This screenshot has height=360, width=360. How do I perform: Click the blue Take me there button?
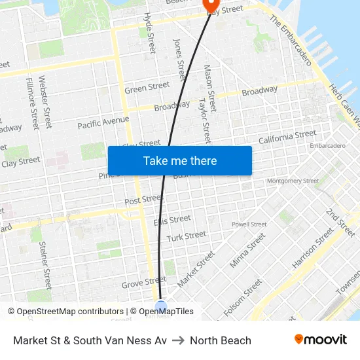click(x=179, y=160)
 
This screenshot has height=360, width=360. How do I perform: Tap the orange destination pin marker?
click(x=211, y=5)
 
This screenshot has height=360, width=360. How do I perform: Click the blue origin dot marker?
click(x=161, y=306)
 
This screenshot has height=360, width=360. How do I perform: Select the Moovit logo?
click(x=320, y=340)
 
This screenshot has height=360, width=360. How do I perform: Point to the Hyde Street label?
click(x=150, y=33)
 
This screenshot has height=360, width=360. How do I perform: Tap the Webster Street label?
click(x=45, y=101)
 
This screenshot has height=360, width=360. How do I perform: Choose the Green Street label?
click(x=147, y=88)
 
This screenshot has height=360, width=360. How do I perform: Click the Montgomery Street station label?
click(x=293, y=181)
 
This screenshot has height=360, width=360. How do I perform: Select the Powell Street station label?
click(x=249, y=224)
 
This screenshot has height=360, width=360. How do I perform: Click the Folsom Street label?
click(x=243, y=298)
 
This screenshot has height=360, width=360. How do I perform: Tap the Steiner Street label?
click(x=45, y=265)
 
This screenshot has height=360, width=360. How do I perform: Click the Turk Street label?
click(x=186, y=236)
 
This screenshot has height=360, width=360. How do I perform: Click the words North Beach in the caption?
click(x=221, y=340)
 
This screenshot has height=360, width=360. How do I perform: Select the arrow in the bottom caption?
click(x=178, y=340)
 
